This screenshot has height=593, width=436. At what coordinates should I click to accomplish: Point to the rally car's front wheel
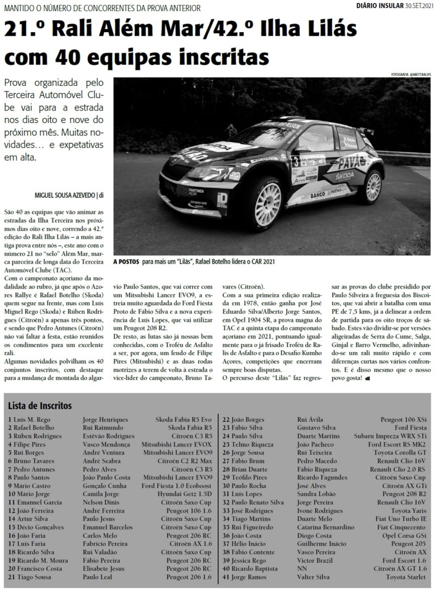click(x=268, y=203)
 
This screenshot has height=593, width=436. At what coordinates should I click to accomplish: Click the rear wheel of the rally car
click(x=374, y=187)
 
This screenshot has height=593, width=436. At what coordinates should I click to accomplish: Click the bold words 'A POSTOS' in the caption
click(x=126, y=262)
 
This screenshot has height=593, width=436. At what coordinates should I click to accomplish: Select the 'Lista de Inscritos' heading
click(x=40, y=406)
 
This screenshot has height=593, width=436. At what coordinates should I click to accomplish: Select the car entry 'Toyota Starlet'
click(x=406, y=576)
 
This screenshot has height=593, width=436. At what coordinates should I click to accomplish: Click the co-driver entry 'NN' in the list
click(x=302, y=568)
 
